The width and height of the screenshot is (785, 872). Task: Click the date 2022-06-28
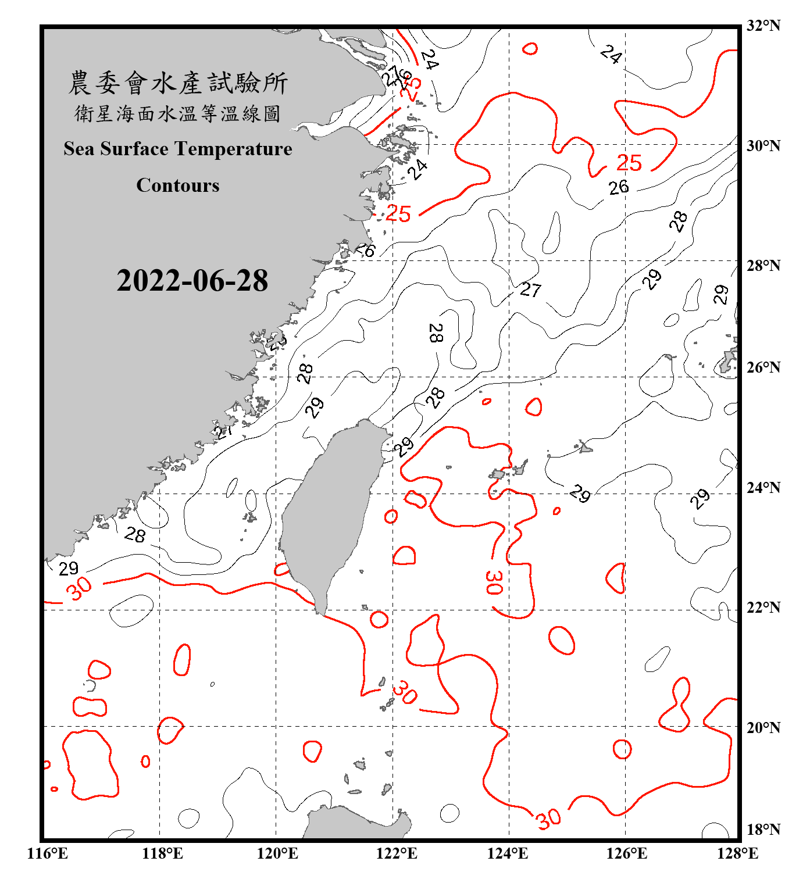[192, 281]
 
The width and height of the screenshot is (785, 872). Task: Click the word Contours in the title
[178, 185]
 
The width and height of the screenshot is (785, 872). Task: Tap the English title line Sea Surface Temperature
[178, 149]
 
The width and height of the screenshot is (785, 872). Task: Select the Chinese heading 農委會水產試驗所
[178, 83]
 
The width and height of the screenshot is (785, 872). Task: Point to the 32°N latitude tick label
[763, 26]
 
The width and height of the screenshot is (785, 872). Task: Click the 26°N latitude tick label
[763, 367]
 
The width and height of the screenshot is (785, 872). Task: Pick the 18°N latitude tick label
[763, 830]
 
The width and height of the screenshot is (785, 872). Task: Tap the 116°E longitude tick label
[48, 853]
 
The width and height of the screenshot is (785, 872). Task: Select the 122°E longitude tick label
[397, 853]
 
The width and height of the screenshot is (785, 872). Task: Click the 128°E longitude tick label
[737, 853]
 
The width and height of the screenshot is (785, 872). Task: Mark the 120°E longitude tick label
[277, 853]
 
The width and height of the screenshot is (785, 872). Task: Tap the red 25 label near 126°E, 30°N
[629, 163]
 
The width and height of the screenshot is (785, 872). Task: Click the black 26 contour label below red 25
[619, 187]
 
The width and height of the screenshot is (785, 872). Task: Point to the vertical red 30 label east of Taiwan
[494, 582]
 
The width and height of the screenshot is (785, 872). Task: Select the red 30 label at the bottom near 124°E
[549, 819]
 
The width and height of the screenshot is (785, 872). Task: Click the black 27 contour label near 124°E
[530, 290]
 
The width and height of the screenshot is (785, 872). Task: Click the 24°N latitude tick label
[763, 487]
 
